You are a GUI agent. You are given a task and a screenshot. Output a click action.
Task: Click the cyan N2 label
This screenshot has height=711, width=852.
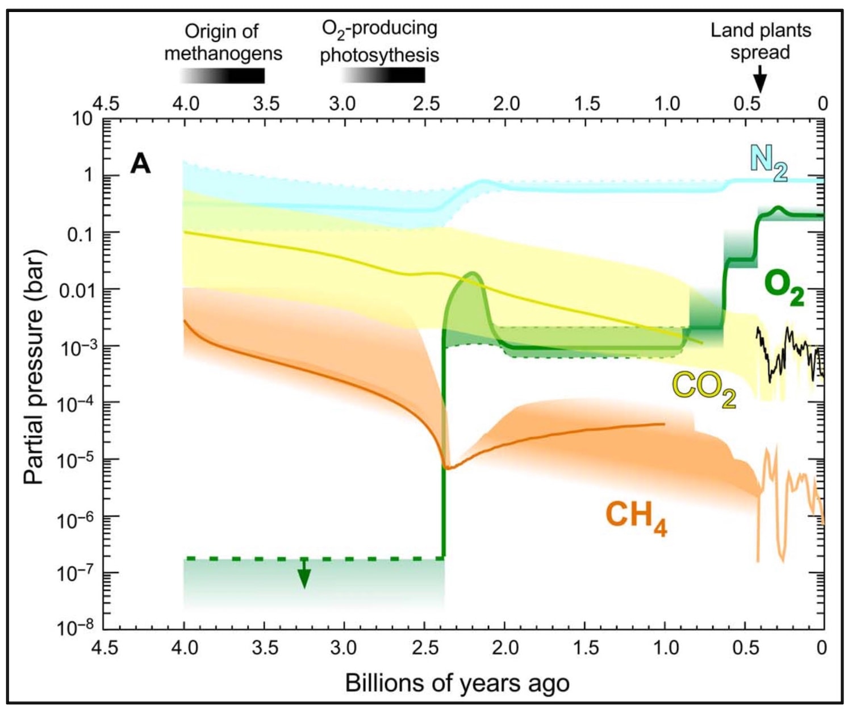(768, 162)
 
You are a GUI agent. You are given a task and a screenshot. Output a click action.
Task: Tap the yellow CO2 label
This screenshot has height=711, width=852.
(704, 389)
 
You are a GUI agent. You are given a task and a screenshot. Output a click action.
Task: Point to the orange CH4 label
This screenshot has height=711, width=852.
(637, 517)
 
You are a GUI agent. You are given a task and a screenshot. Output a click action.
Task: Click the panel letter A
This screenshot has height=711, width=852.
(140, 164)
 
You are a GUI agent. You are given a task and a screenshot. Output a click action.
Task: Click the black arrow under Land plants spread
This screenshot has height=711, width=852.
(759, 80)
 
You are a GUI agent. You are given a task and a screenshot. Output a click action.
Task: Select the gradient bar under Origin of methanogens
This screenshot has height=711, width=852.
(223, 76)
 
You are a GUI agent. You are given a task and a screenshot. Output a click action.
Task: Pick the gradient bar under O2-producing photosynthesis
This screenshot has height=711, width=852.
(383, 76)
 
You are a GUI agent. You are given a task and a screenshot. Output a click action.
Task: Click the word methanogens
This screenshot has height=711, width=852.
(223, 54)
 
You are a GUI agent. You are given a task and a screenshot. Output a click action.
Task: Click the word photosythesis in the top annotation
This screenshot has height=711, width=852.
(379, 55)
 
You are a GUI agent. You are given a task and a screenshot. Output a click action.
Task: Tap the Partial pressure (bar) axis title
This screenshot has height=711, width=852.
(34, 366)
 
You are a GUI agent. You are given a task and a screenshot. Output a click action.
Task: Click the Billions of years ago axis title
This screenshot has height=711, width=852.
(457, 683)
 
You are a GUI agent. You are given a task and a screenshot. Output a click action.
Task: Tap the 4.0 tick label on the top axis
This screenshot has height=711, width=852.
(185, 104)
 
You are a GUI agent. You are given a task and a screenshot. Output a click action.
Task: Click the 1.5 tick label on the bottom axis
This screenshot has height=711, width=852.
(586, 647)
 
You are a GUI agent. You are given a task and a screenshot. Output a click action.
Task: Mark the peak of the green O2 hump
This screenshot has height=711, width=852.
(471, 274)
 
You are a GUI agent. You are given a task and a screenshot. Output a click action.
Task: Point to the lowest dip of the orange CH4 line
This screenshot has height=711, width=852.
(448, 468)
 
